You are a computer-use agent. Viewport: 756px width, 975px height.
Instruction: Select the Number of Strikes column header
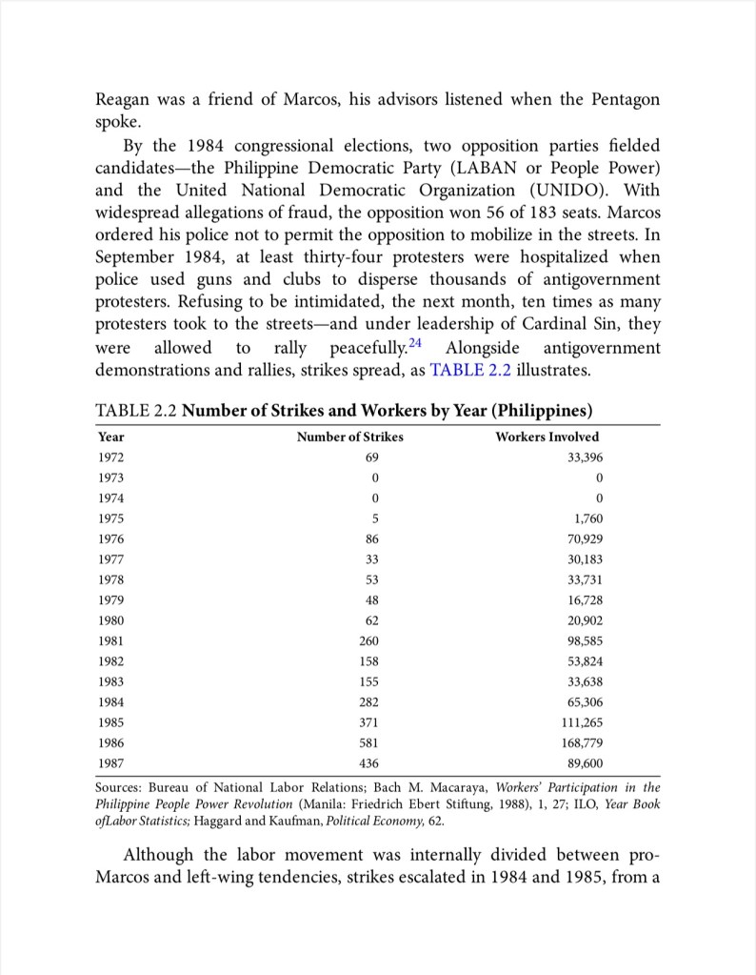tap(349, 437)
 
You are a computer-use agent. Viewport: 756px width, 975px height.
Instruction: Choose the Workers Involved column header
tap(547, 437)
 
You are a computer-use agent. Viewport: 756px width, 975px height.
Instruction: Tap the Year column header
tap(111, 437)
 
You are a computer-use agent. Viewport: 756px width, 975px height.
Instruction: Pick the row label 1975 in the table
tap(111, 518)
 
